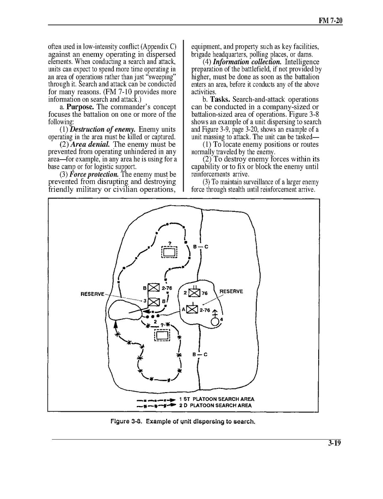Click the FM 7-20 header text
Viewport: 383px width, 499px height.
pos(330,20)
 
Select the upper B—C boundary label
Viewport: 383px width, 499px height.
pos(200,247)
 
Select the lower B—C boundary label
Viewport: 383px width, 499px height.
pos(200,354)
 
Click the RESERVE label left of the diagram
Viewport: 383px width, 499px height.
pos(92,294)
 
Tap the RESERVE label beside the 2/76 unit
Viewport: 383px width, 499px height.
pos(231,291)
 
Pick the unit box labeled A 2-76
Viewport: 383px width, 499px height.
pos(191,309)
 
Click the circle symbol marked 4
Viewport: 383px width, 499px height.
pos(215,322)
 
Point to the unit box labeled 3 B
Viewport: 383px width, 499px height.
pos(153,301)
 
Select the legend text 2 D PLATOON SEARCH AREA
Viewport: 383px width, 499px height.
pos(215,405)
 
